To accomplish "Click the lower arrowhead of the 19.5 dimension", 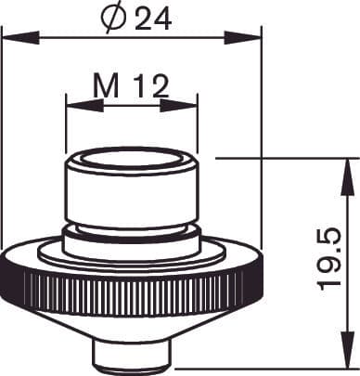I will coord(349,364).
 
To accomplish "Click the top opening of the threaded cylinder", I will coord(132,157).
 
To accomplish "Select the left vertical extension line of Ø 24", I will coord(3,139).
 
